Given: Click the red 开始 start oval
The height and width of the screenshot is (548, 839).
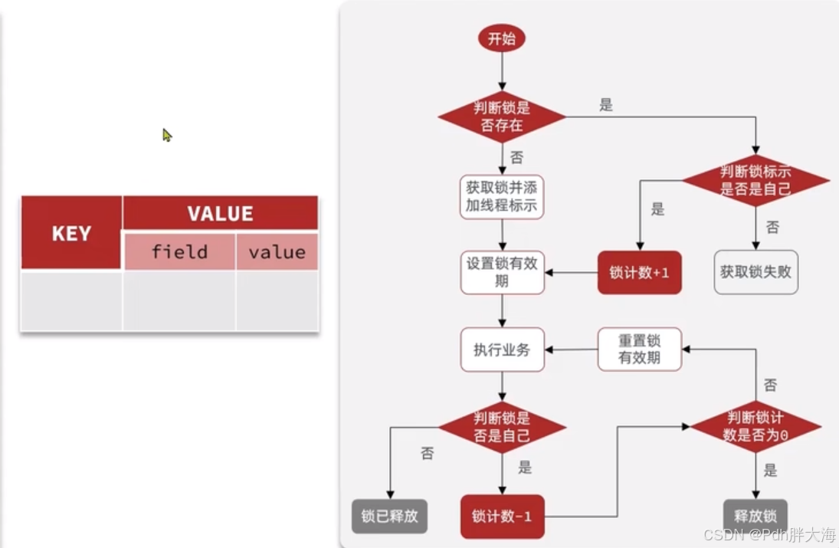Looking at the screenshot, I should pyautogui.click(x=502, y=39).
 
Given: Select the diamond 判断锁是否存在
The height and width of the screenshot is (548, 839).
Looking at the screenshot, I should pyautogui.click(x=502, y=116).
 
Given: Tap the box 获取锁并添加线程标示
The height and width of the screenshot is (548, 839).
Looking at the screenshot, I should pyautogui.click(x=502, y=197).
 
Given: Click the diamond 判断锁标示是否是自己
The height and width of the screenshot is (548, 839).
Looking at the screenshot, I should pyautogui.click(x=755, y=181).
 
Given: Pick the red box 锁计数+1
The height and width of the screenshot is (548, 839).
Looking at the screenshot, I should pyautogui.click(x=639, y=273).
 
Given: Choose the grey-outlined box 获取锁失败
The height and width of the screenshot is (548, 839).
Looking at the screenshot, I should pyautogui.click(x=755, y=272).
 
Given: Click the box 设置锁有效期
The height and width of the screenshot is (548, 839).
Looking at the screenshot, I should pyautogui.click(x=502, y=272).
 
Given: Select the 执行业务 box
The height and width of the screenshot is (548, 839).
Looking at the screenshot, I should pyautogui.click(x=502, y=350).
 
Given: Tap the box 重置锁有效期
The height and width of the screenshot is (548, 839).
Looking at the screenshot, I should pyautogui.click(x=639, y=349).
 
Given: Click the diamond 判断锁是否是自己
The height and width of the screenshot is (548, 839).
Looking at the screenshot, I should pyautogui.click(x=502, y=427).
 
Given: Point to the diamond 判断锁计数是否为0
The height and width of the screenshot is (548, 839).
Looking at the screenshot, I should pyautogui.click(x=755, y=426).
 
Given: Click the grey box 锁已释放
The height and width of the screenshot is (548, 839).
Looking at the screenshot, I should pyautogui.click(x=389, y=516).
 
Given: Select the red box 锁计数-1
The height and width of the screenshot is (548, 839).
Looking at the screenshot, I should pyautogui.click(x=502, y=516).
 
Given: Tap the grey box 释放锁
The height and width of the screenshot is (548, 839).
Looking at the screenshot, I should pyautogui.click(x=755, y=516).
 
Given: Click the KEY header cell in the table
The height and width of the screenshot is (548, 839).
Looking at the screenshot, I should pyautogui.click(x=71, y=233).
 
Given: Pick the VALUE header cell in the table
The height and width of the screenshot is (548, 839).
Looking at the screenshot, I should pyautogui.click(x=220, y=213).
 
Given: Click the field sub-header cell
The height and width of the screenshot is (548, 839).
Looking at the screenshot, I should pyautogui.click(x=179, y=252).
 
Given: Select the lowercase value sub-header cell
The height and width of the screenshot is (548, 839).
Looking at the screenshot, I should pyautogui.click(x=277, y=252).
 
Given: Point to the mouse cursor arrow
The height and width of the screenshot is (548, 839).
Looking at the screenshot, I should pyautogui.click(x=166, y=135).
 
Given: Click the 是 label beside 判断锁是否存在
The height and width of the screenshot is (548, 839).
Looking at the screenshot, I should pyautogui.click(x=606, y=106).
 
